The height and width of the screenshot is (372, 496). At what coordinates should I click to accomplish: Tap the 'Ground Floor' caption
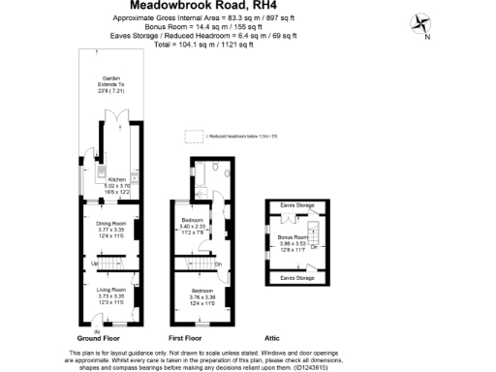(x=99, y=338)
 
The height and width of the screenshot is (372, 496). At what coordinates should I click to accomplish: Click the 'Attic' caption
(x=272, y=338)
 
